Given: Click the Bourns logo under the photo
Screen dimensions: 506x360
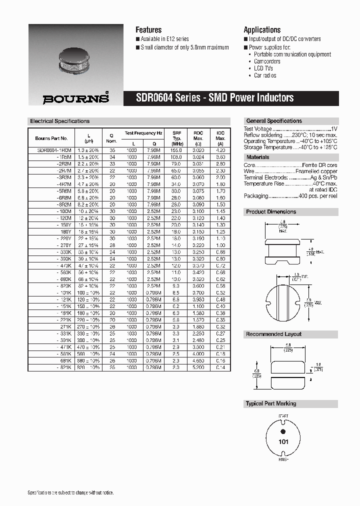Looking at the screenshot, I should [x=75, y=98].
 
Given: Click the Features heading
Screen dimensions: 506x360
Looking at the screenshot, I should [x=148, y=30].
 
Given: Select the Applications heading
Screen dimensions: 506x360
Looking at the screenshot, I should [x=262, y=30].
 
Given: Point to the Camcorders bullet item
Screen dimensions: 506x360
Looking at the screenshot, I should [x=267, y=61].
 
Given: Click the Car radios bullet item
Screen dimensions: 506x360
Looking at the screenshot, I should [x=265, y=75].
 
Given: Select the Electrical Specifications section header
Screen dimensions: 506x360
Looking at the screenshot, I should [x=60, y=121].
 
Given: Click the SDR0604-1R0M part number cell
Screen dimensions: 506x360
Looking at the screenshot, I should [x=54, y=150].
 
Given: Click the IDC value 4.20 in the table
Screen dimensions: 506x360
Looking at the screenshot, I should [x=220, y=150].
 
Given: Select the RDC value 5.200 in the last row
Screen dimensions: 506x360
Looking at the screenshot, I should [x=198, y=367].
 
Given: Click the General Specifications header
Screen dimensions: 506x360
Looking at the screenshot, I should [x=274, y=121].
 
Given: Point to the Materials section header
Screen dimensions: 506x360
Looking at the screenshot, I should [x=258, y=157].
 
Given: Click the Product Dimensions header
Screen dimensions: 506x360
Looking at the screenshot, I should [x=271, y=211].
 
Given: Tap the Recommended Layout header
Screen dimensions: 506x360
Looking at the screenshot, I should [x=273, y=334].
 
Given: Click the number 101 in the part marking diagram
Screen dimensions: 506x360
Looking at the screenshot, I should [x=282, y=442].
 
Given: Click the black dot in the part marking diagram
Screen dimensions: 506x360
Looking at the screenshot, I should [x=282, y=431].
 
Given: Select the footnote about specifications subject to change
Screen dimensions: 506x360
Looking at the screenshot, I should [x=70, y=493].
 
